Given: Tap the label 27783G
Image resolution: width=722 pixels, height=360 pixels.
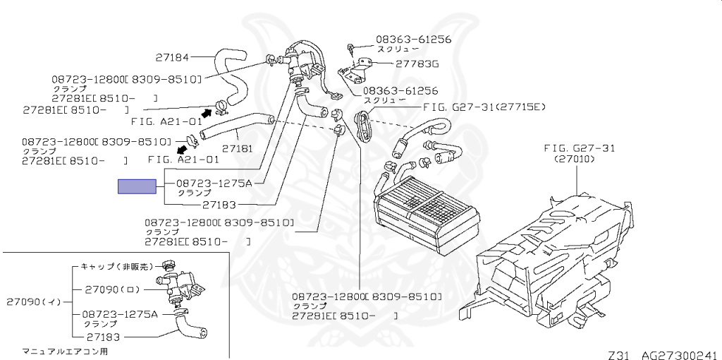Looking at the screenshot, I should click(x=417, y=64).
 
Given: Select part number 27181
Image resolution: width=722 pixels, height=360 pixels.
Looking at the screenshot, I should click(x=238, y=149).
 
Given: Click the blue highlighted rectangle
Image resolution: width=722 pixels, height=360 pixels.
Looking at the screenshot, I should click(x=136, y=186).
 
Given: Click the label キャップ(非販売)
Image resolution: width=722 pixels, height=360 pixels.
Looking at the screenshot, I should click(x=116, y=267).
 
